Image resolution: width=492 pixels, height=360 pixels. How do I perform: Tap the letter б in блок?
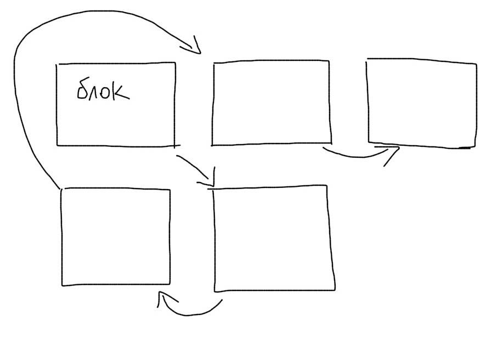coord(83,89)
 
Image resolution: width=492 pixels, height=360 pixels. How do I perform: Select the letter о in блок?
coord(108,93)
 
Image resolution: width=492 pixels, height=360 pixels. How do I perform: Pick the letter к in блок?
coord(121,92)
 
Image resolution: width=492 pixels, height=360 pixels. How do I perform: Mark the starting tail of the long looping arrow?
coord(58,186)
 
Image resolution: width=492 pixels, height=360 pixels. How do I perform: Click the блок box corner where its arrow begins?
coord(175,146)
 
